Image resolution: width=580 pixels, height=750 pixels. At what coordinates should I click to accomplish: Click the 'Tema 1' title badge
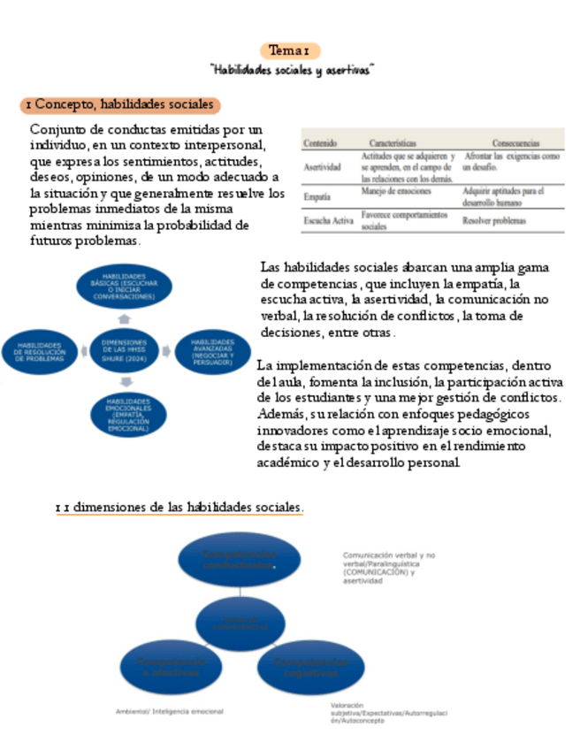click(290, 50)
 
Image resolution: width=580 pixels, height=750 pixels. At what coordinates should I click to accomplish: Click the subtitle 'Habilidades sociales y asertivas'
click(290, 69)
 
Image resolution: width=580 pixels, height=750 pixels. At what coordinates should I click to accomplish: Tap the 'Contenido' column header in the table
click(321, 142)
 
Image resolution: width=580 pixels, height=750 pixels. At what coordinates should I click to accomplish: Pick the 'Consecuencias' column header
click(515, 142)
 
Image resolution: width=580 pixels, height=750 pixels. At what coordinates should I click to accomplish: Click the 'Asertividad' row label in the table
click(322, 165)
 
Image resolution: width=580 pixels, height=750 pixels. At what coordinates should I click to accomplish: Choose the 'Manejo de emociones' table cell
click(396, 191)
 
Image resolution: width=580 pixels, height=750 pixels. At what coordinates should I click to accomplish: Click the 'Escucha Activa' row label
click(327, 220)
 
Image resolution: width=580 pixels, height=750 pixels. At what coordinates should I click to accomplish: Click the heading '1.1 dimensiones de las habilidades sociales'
click(179, 508)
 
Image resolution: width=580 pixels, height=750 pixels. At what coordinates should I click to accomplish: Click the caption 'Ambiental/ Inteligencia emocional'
click(170, 711)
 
